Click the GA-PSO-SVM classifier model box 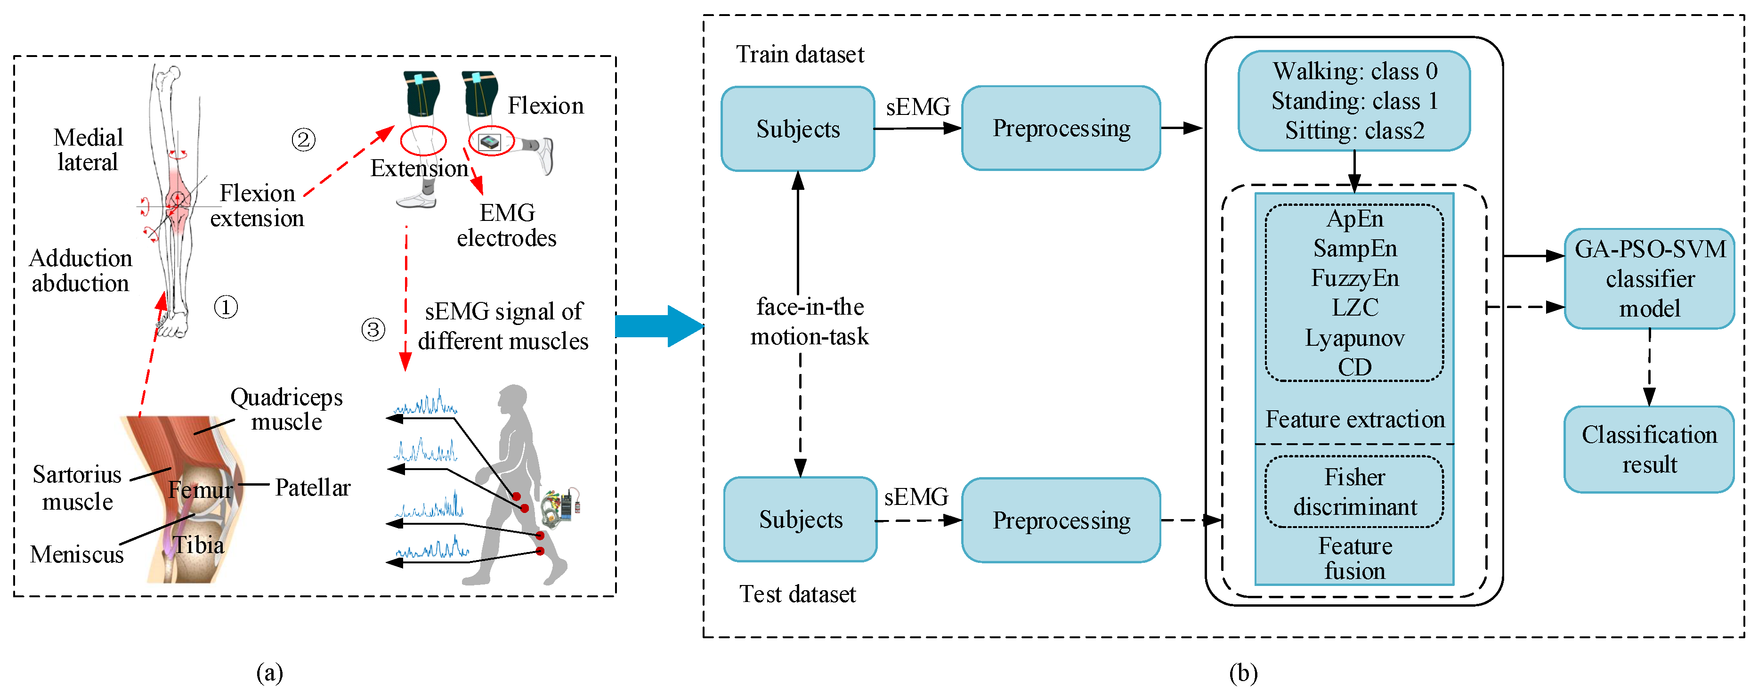[1649, 278]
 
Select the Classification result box [1649, 449]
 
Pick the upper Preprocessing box [1061, 128]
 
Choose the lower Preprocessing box [1061, 520]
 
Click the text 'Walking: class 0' [1355, 71]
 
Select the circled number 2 [304, 140]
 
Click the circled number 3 [373, 330]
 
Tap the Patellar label [313, 488]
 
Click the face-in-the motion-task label [810, 322]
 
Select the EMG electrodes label [506, 225]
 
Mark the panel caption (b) [1243, 673]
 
